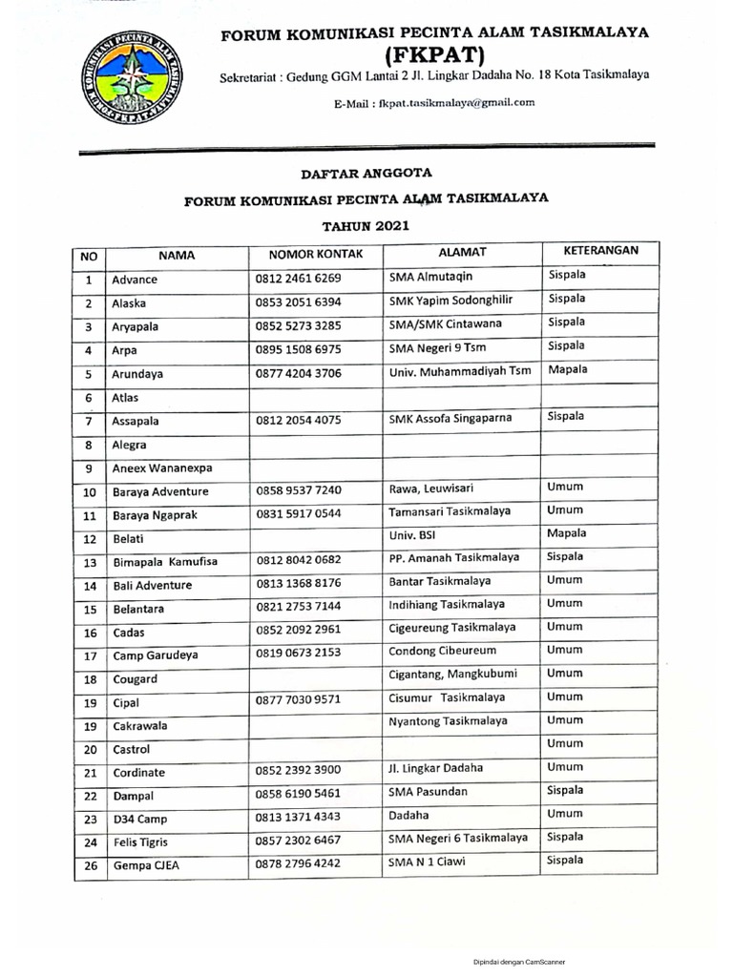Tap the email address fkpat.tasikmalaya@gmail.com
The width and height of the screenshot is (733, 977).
[433, 102]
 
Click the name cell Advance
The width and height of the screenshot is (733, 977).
[135, 281]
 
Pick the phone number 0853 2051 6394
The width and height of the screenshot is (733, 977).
[298, 302]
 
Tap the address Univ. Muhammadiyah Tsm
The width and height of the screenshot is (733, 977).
[459, 370]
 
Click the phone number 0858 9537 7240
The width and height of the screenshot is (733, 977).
[298, 491]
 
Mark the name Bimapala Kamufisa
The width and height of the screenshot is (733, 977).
[164, 562]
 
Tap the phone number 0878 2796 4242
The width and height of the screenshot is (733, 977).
[298, 864]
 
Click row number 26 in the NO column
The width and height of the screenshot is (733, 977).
[90, 865]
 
